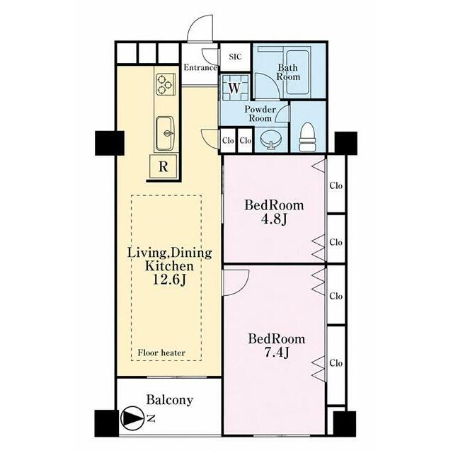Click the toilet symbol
point(306,137)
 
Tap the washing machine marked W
point(234,87)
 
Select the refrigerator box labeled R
point(164,166)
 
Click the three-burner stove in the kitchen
point(164,84)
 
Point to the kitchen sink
point(165,134)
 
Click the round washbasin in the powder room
point(270,139)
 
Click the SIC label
point(235,57)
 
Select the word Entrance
point(200,68)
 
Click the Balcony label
point(170,400)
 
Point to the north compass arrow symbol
point(132,418)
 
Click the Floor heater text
point(161,352)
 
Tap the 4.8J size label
point(274,219)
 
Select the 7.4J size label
point(277,352)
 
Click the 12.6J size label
point(169,280)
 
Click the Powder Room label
point(260,113)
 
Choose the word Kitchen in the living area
point(169,266)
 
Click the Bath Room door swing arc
point(272,81)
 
